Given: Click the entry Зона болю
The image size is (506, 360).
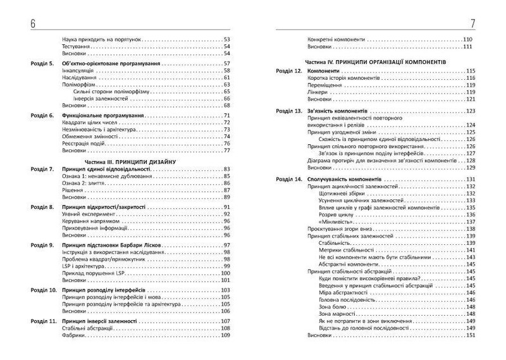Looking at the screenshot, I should (334, 306).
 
